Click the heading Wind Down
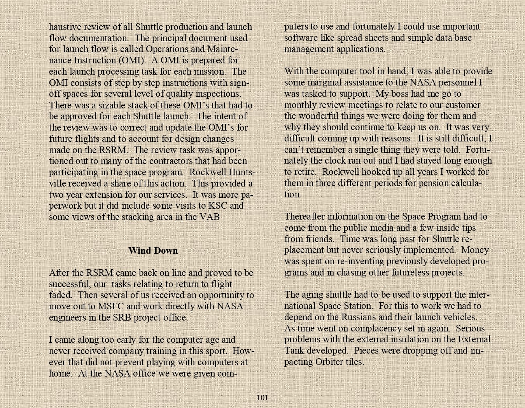click(x=153, y=251)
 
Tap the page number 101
click(x=262, y=398)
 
